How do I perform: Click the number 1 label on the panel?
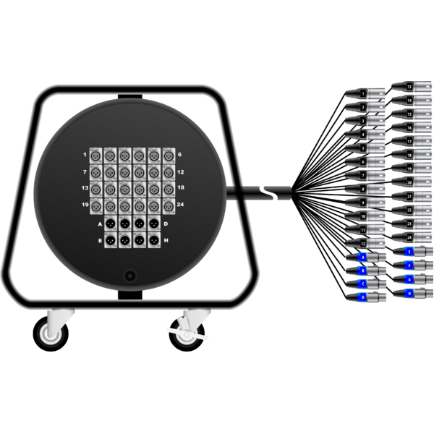click(x=85, y=155)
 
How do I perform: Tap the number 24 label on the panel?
click(x=179, y=205)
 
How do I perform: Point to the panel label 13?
click(x=85, y=188)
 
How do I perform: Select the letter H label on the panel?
click(x=166, y=239)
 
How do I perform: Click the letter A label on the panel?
click(x=100, y=224)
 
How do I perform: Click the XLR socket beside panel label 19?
click(x=110, y=205)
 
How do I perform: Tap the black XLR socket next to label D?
click(x=153, y=224)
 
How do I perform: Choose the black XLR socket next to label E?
click(x=110, y=239)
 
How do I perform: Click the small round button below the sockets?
click(x=130, y=276)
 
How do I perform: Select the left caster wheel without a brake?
click(x=51, y=333)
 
